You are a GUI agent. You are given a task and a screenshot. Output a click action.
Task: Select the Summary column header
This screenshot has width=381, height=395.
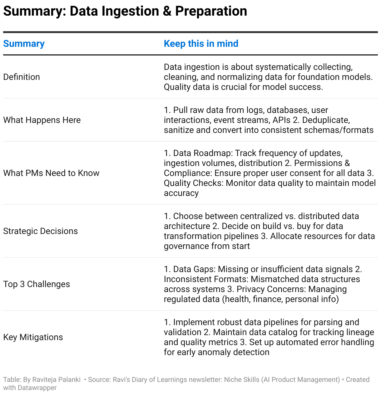click(x=24, y=44)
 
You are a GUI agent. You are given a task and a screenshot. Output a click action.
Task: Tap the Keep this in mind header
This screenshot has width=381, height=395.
click(x=201, y=44)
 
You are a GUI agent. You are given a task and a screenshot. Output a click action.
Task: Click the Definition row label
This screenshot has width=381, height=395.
click(x=22, y=77)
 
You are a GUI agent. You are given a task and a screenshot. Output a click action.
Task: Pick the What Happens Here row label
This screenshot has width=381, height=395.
click(x=42, y=120)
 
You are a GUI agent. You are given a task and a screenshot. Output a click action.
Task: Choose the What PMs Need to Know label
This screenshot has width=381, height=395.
click(x=51, y=173)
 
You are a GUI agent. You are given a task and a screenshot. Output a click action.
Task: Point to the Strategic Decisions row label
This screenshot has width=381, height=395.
click(x=40, y=231)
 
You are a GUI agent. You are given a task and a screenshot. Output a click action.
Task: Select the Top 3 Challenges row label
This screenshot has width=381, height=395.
click(x=37, y=284)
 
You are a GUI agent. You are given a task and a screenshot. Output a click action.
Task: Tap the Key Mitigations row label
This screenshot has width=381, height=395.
click(x=33, y=337)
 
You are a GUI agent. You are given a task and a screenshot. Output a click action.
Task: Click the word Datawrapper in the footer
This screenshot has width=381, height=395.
click(x=37, y=388)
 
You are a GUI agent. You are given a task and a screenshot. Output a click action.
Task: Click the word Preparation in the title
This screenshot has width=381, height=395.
click(x=211, y=11)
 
